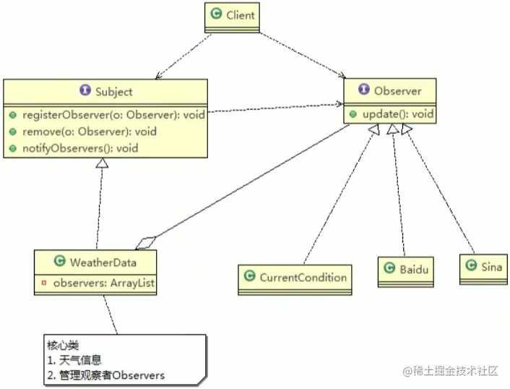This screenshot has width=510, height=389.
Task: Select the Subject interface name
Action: [113, 92]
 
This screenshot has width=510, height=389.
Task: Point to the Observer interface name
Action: [397, 91]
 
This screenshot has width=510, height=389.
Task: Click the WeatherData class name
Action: [103, 262]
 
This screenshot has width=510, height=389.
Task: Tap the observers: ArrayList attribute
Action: [104, 283]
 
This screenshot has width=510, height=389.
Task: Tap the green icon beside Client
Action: [215, 14]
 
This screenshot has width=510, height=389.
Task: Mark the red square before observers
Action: [44, 283]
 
